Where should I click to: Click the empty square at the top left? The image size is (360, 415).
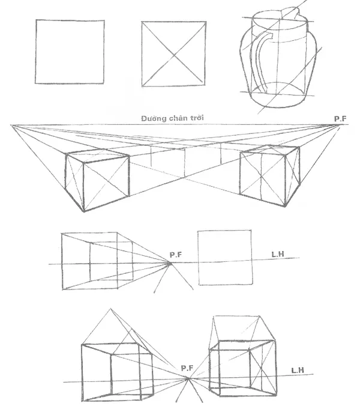[x=70, y=52]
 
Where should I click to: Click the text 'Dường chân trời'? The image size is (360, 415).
[x=173, y=119]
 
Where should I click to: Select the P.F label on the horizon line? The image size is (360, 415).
[x=340, y=118]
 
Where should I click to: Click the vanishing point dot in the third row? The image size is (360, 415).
[x=170, y=262]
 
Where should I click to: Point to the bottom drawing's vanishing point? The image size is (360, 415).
[x=189, y=379]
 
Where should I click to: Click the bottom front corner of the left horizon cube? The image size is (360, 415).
[x=84, y=212]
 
